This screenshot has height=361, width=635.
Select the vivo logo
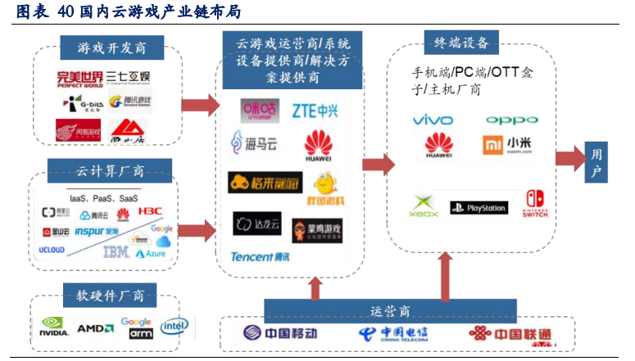pos(433,120)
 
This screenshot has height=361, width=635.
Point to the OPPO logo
pos(512,120)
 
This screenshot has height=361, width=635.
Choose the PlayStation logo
pos(479,208)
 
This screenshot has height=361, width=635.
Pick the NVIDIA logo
pos(53,329)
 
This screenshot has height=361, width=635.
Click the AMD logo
pos(95,329)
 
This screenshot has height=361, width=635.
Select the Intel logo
pos(175,327)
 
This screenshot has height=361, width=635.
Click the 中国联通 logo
pos(510,334)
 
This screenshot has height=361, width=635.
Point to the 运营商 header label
pos(389,310)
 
